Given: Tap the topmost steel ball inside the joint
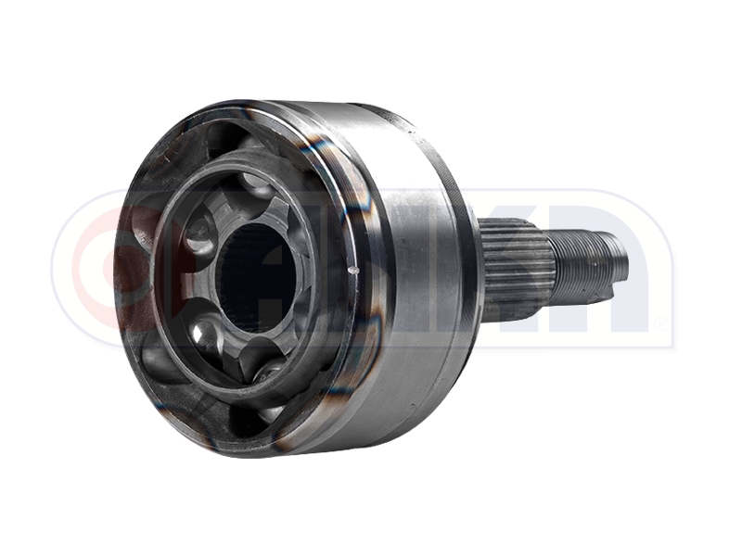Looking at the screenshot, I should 257,184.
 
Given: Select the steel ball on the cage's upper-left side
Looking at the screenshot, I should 197,225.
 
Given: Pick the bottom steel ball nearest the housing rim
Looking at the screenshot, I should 268,371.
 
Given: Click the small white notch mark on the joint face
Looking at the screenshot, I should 352,271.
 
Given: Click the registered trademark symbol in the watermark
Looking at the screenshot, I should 660,323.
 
